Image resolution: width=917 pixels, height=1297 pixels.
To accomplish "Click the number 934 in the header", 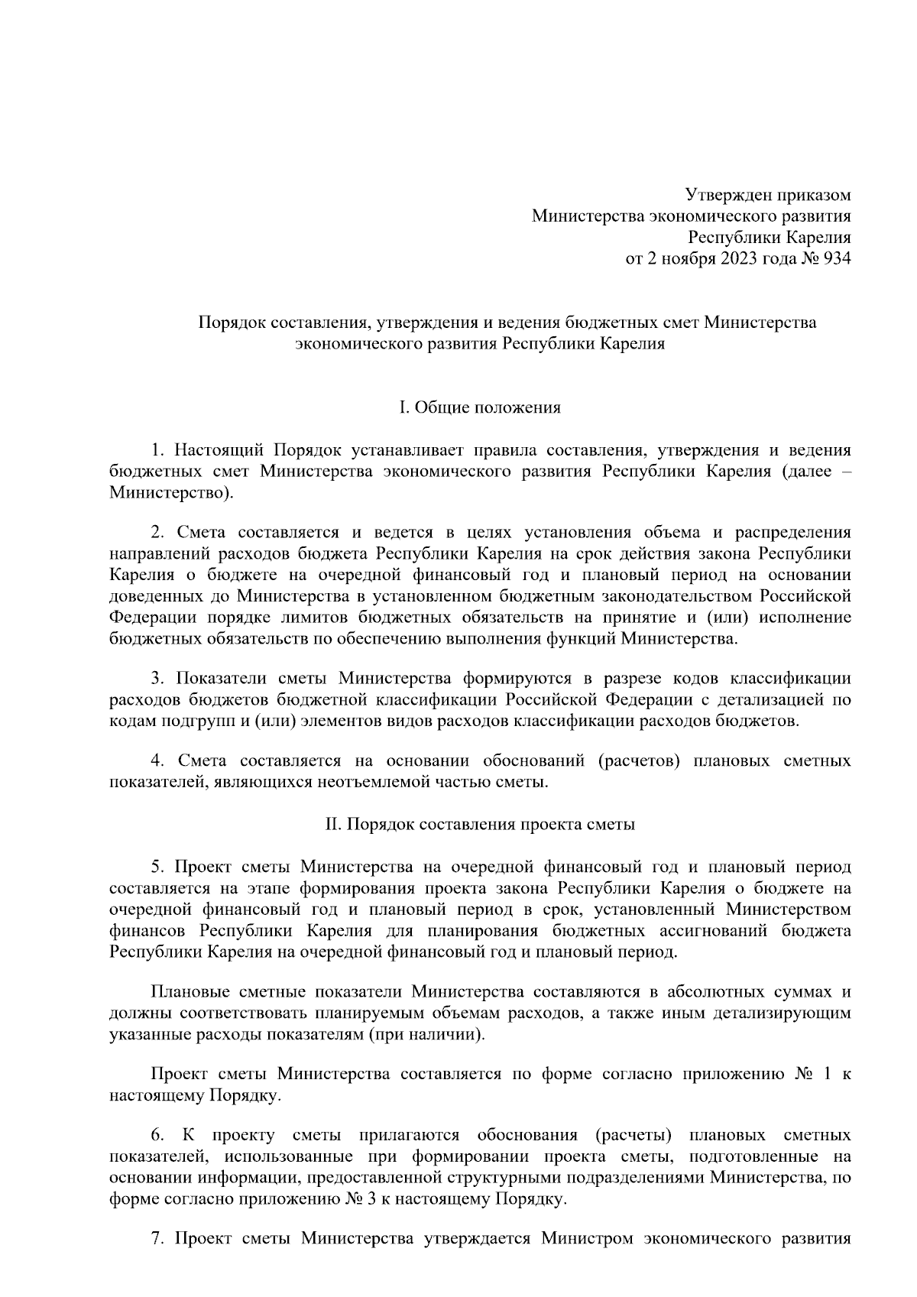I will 834,258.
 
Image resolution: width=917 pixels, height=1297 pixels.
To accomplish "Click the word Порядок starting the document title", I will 228,323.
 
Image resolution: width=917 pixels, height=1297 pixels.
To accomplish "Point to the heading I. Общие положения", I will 480,407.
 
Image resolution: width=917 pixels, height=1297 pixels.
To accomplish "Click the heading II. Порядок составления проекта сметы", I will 480,825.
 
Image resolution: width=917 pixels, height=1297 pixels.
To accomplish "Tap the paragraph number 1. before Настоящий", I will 157,450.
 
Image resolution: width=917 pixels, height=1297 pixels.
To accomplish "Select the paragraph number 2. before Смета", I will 157,531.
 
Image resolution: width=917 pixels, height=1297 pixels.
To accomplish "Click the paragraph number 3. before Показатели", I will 157,678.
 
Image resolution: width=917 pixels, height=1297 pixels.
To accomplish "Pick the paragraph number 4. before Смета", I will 157,760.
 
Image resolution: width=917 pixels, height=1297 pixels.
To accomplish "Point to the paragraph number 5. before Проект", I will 157,867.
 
